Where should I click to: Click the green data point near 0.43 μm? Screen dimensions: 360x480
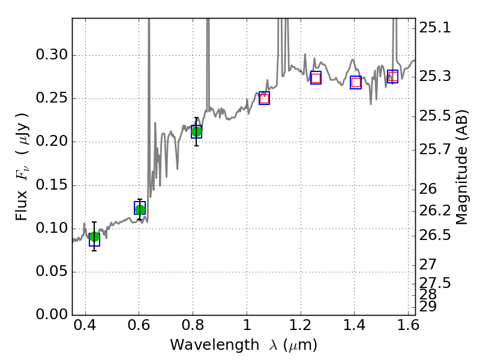(x=94, y=236)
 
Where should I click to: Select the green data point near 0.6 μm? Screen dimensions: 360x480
(x=140, y=209)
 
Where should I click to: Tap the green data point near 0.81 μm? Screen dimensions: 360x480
(x=196, y=131)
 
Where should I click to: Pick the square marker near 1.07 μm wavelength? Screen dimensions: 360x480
(x=264, y=98)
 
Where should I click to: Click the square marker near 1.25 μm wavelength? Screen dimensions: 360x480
(x=316, y=78)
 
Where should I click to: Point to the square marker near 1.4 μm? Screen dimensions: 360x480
(x=356, y=83)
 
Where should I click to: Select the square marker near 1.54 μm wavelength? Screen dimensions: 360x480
(x=393, y=76)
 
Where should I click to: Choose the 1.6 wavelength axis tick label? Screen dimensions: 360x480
(x=408, y=328)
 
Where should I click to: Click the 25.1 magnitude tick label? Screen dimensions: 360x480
(x=435, y=28)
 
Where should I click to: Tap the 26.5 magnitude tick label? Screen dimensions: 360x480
(x=435, y=235)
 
